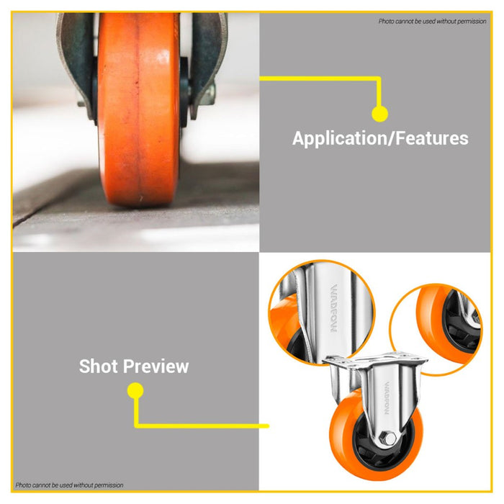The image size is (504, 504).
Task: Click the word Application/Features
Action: (x=380, y=138)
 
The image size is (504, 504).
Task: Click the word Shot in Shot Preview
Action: (x=99, y=366)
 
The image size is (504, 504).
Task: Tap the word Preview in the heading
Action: (x=156, y=366)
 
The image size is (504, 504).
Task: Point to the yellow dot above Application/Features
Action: (x=380, y=114)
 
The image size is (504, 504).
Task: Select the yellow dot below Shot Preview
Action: (x=135, y=390)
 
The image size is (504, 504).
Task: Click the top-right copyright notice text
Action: (x=432, y=21)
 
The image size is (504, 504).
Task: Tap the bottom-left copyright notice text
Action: (x=69, y=485)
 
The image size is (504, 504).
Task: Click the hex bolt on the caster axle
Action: (x=388, y=438)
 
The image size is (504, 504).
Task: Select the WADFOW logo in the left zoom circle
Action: (x=334, y=308)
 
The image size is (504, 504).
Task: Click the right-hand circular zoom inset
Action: (x=436, y=330)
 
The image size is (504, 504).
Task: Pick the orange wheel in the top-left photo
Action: (x=138, y=109)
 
